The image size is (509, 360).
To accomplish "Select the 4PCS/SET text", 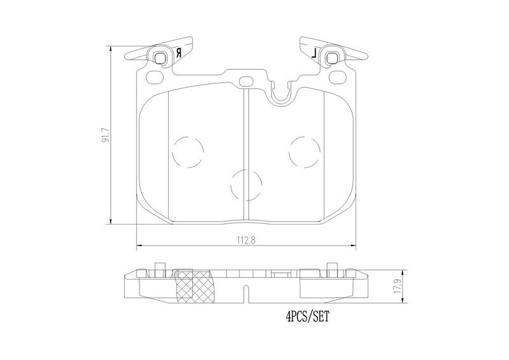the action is (x=307, y=316).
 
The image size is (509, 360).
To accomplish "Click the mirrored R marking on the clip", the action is (x=178, y=53).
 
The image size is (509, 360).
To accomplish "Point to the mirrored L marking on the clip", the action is (x=314, y=53).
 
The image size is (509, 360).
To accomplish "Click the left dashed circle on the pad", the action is (x=188, y=152).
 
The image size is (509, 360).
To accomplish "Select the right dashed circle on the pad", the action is (x=305, y=152).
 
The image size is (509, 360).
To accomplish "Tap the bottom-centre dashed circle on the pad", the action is (x=246, y=185).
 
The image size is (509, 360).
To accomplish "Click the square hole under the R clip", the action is (x=160, y=59).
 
